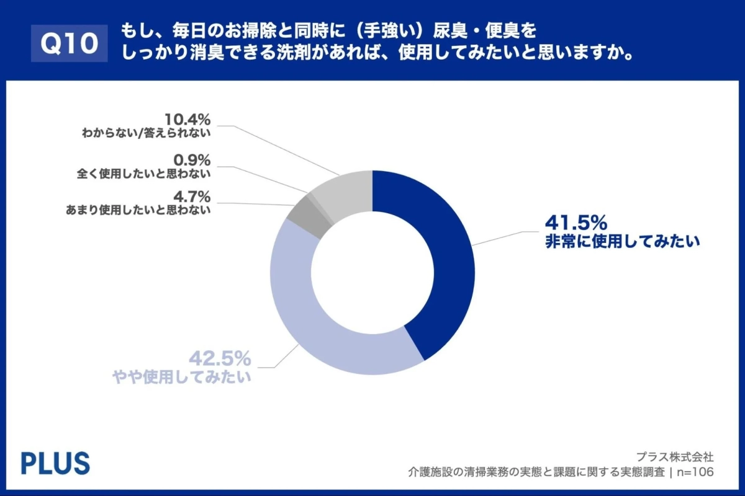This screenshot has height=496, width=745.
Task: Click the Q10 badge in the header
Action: (x=69, y=43)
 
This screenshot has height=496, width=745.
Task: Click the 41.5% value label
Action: (x=576, y=222)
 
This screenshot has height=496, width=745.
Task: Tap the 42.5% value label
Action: (x=220, y=358)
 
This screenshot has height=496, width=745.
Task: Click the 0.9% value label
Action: (x=192, y=159)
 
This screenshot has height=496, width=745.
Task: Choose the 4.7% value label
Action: (x=192, y=197)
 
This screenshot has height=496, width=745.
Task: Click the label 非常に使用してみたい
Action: (x=622, y=241)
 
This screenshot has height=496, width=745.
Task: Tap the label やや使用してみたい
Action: (x=181, y=376)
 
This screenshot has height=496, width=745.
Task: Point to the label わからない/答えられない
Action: (x=147, y=133)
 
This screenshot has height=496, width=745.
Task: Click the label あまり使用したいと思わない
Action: (x=138, y=210)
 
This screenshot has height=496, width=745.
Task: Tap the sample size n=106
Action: (x=695, y=472)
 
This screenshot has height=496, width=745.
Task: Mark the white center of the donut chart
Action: (x=372, y=273)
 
